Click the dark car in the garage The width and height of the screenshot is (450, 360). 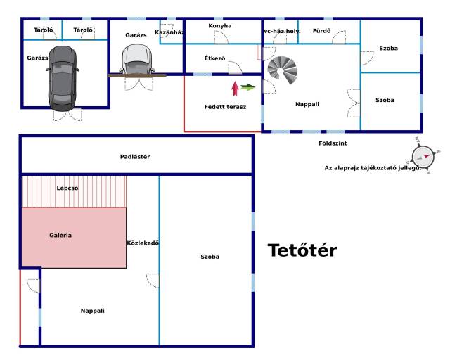63,77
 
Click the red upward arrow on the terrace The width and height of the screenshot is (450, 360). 235,88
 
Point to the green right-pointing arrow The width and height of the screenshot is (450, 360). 247,87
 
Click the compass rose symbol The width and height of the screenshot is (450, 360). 424,156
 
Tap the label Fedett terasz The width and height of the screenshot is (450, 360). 225,108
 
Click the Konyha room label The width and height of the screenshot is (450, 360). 219,26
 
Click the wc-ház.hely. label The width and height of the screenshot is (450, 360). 281,31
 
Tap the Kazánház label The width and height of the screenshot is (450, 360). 169,32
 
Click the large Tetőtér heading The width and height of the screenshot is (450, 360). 302,250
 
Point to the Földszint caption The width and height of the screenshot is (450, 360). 333,143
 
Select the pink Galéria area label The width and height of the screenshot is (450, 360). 60,235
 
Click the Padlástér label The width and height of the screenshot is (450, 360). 136,156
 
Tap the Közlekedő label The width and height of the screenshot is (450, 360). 143,243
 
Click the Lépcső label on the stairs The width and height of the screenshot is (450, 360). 67,188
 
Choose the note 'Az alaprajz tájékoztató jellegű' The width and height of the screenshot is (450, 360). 373,168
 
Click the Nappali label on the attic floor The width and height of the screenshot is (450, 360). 92,310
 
